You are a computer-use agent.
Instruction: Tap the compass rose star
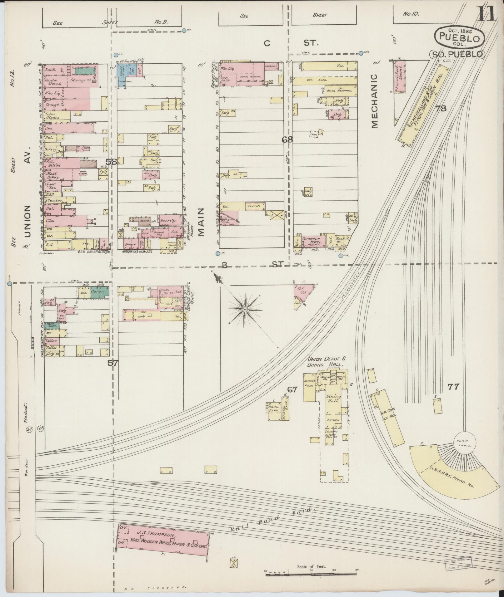click(245, 309)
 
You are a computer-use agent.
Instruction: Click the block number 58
click(111, 162)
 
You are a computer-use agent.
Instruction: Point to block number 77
click(453, 387)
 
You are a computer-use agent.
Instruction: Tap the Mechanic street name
click(375, 100)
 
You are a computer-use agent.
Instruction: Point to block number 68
click(287, 140)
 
